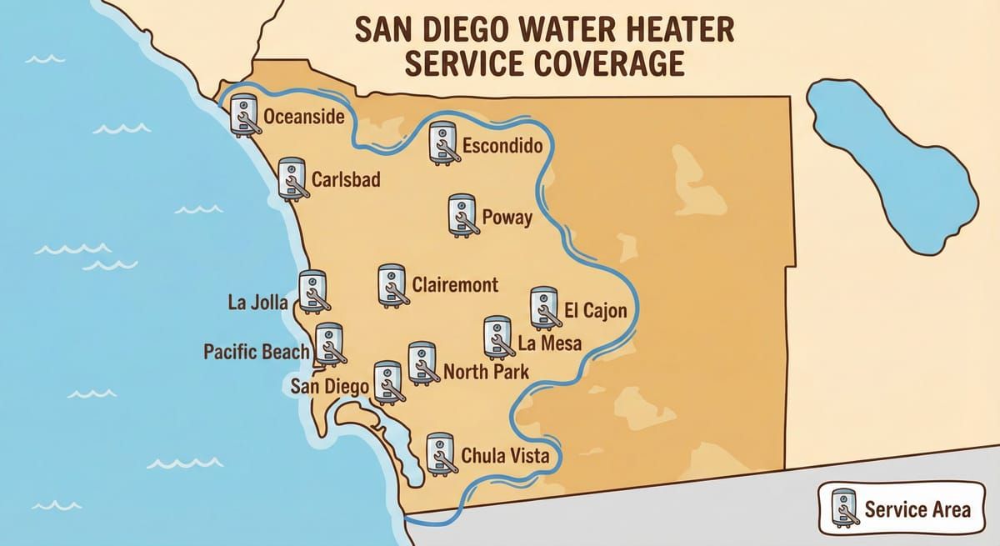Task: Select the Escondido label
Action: click(502, 147)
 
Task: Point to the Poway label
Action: click(507, 218)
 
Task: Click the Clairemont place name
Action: click(455, 285)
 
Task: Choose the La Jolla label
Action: click(257, 302)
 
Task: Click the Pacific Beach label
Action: click(257, 352)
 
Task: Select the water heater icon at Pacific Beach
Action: click(329, 344)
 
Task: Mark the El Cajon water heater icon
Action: click(544, 308)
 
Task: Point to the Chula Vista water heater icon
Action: click(440, 455)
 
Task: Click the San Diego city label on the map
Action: click(329, 387)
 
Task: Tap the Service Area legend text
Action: click(917, 508)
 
